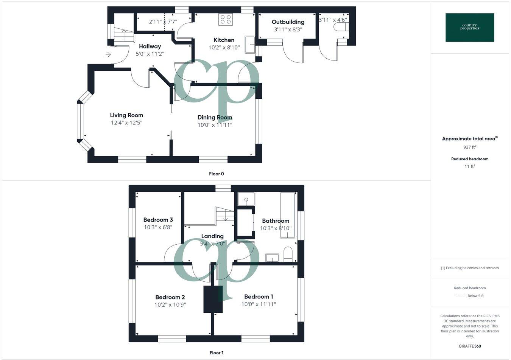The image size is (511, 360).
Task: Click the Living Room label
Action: (x=126, y=115)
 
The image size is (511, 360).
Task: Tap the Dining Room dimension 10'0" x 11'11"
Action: (x=215, y=125)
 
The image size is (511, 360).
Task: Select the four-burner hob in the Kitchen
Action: (x=226, y=19)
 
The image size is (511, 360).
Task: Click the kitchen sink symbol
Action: (x=250, y=45)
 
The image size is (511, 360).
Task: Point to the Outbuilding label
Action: (x=288, y=22)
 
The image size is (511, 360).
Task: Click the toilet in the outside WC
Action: (x=340, y=27)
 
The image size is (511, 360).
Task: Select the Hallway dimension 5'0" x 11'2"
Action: (x=150, y=54)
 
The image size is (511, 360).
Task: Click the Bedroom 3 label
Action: (x=158, y=220)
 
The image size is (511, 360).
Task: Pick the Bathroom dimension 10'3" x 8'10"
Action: (x=276, y=228)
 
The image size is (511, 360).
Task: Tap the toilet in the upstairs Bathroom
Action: (x=288, y=254)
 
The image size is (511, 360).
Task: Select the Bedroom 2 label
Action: (x=170, y=297)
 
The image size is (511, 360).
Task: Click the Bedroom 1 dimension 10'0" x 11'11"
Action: (x=259, y=304)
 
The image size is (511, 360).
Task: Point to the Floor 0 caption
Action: (x=217, y=174)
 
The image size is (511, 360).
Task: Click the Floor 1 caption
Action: (x=217, y=353)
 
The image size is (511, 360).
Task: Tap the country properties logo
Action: (x=470, y=28)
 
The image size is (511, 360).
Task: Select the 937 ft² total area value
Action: (x=470, y=147)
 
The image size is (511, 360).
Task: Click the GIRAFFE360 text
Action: (x=470, y=346)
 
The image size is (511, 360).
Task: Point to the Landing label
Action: (x=212, y=236)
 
